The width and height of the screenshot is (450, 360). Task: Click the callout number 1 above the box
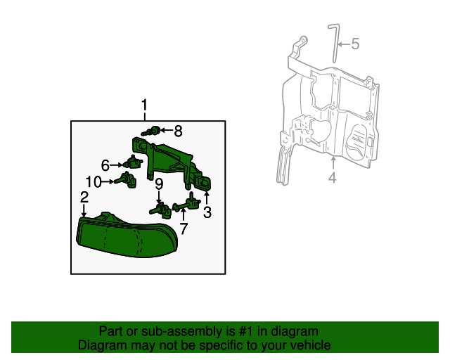(x=144, y=106)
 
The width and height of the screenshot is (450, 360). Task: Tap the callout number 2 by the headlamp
(x=84, y=198)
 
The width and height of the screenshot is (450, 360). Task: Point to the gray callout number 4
(x=332, y=179)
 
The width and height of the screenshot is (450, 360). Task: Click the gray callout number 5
(x=355, y=44)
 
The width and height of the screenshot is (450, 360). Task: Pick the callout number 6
(x=105, y=165)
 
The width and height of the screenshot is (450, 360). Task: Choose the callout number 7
(x=184, y=229)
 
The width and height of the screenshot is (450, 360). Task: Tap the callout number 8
(x=178, y=130)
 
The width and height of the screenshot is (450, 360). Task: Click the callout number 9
(x=159, y=184)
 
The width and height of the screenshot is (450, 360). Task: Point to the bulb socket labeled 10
(x=127, y=180)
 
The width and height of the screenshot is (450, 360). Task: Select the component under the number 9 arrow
(x=160, y=209)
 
